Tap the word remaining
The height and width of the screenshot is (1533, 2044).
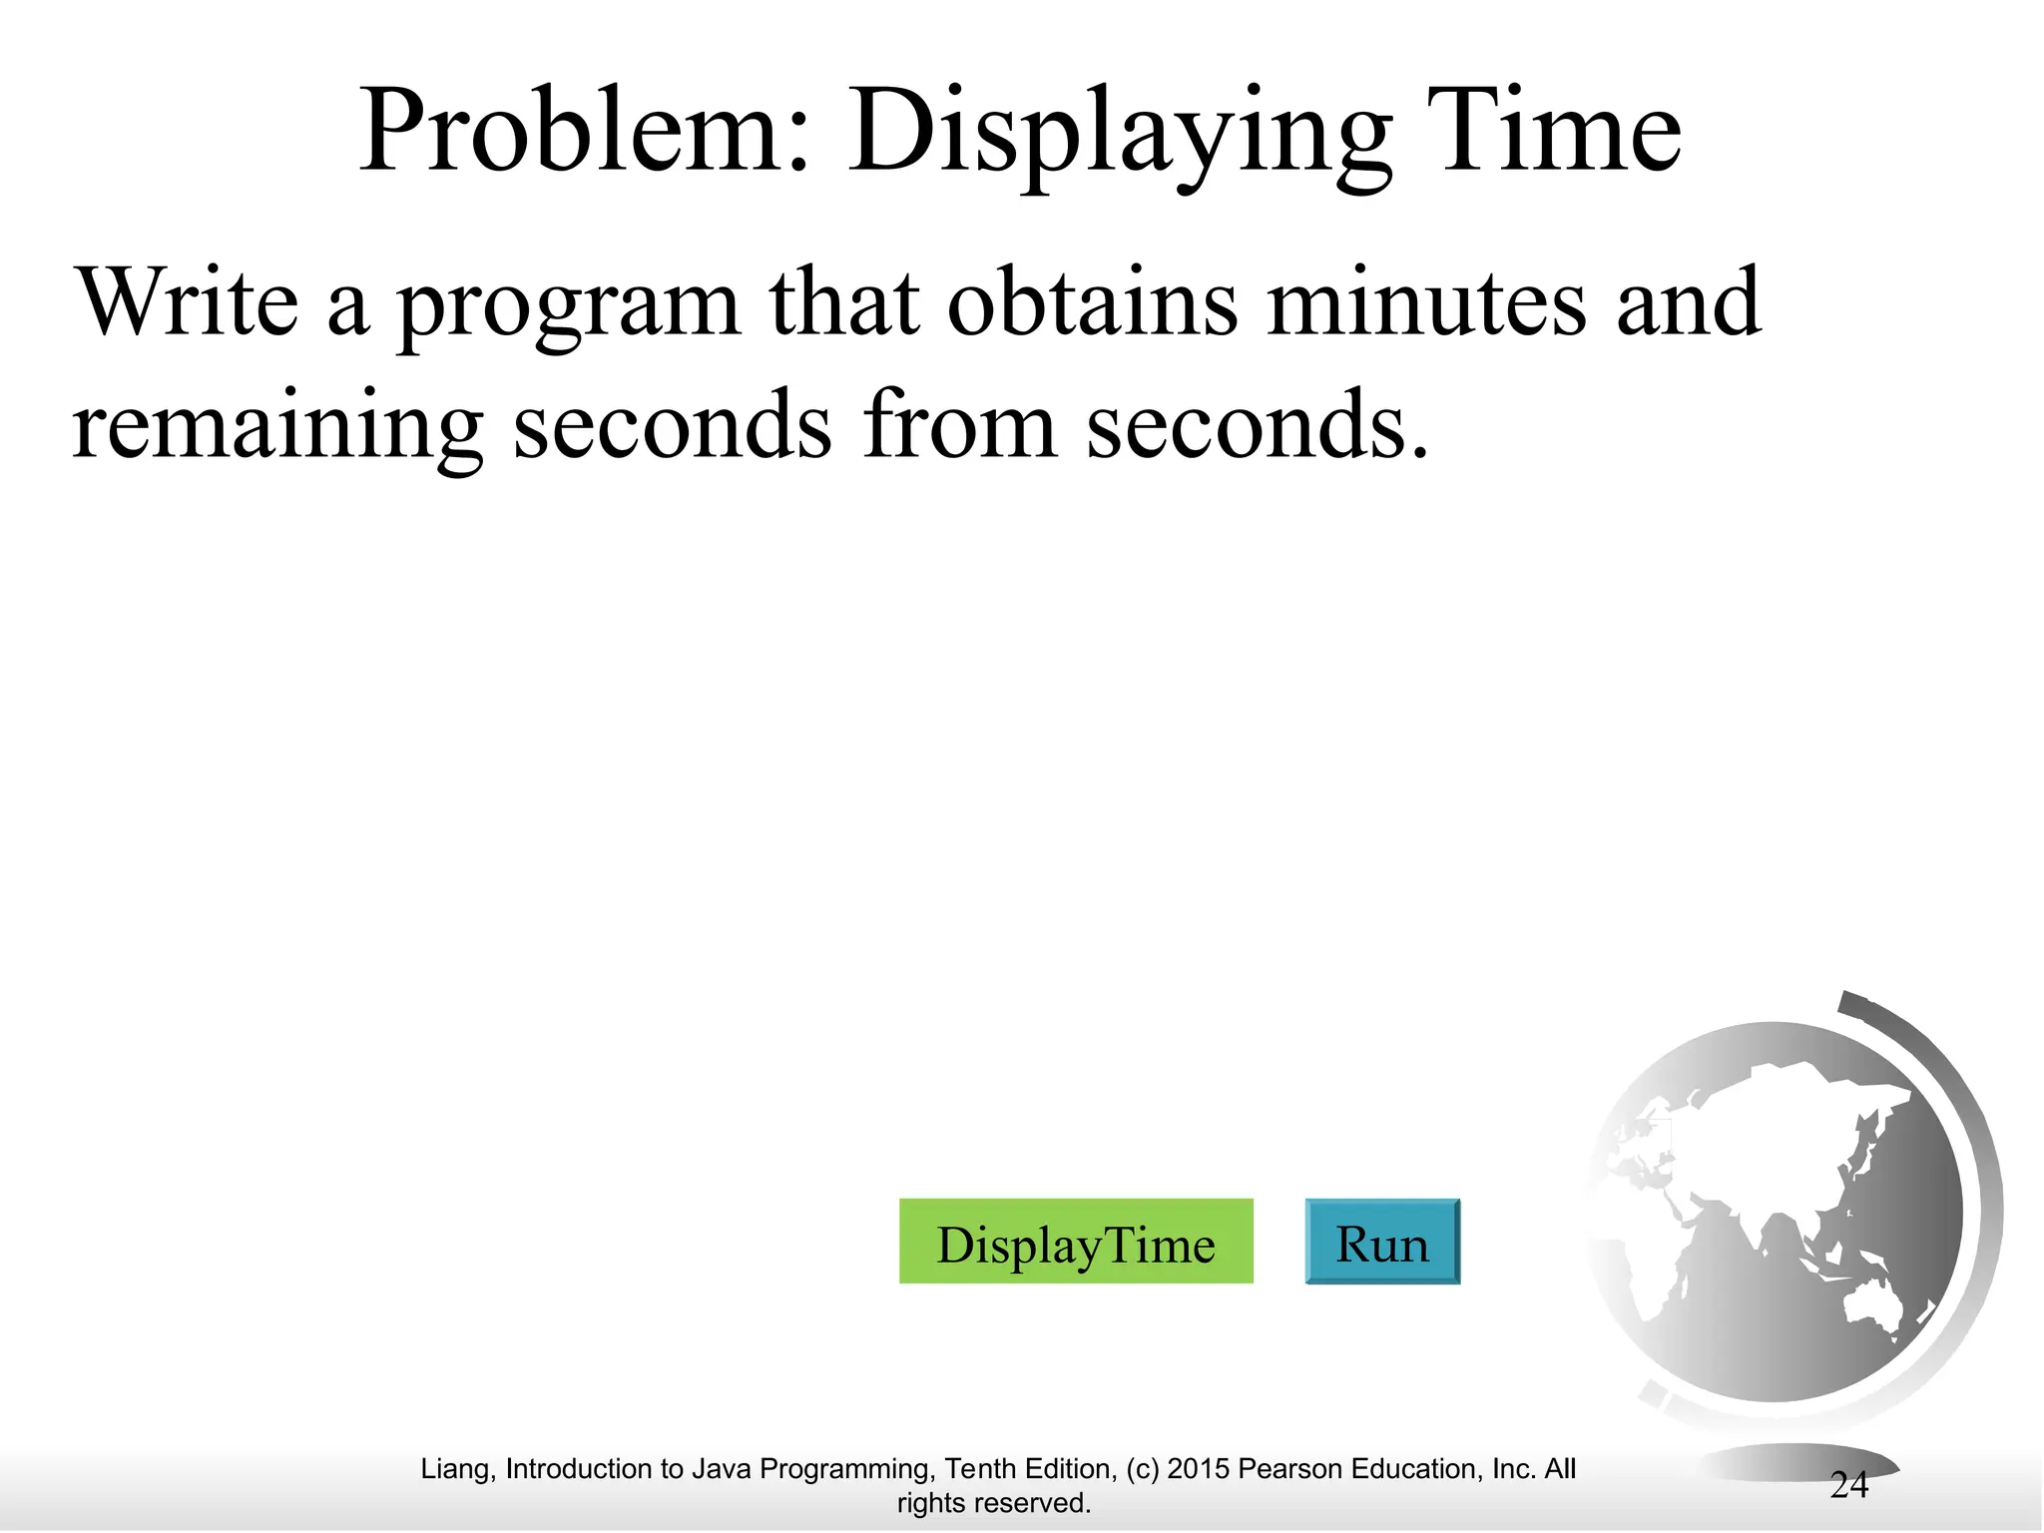(277, 427)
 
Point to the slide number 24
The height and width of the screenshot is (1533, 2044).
(1848, 1486)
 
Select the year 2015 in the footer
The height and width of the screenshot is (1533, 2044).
(1198, 1469)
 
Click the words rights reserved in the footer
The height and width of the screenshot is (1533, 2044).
(993, 1503)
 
